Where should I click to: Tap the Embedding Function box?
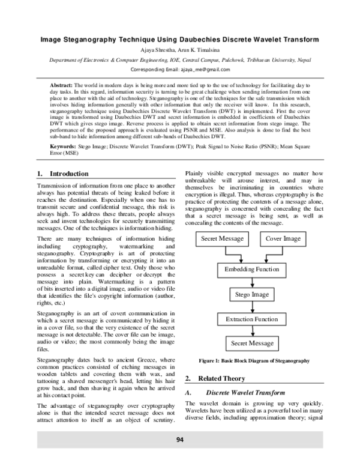(252, 269)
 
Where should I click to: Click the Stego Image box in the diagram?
(252, 295)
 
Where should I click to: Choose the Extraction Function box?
(252, 319)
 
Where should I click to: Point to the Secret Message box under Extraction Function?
(252, 343)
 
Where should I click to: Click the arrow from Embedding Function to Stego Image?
(252, 282)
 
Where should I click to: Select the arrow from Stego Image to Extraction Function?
(252, 307)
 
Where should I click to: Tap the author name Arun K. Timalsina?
(202, 50)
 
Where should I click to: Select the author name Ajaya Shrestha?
(158, 50)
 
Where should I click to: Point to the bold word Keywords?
(62, 146)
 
